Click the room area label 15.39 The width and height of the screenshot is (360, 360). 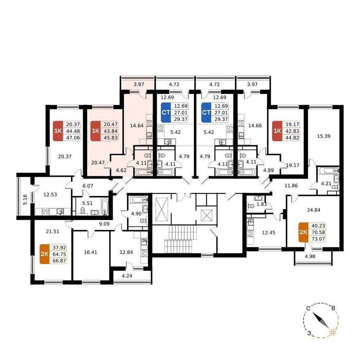(x=324, y=136)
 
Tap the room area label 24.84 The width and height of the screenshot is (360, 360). (x=313, y=210)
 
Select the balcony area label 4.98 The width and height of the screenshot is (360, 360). (x=310, y=256)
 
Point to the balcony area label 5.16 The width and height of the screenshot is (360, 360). (x=25, y=199)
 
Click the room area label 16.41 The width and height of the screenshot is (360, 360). (x=90, y=252)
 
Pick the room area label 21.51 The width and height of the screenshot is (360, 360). (x=52, y=232)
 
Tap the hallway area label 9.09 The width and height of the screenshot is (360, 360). (x=104, y=223)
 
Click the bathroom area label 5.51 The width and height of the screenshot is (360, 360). (x=88, y=203)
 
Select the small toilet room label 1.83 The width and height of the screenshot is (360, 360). (x=261, y=204)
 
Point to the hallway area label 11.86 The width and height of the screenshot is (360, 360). (x=291, y=185)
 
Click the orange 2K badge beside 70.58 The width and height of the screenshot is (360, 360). (x=303, y=232)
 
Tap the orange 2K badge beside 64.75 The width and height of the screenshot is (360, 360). (x=45, y=254)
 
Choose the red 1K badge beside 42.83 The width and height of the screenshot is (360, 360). (x=277, y=131)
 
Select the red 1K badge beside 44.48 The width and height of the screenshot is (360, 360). (x=58, y=131)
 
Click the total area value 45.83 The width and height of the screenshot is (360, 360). (x=111, y=138)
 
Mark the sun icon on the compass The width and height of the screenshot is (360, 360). (x=333, y=332)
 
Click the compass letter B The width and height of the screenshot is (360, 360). (x=333, y=308)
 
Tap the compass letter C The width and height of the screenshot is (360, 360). (x=308, y=308)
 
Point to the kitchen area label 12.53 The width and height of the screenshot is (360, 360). (x=50, y=194)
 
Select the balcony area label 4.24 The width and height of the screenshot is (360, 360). (x=127, y=276)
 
